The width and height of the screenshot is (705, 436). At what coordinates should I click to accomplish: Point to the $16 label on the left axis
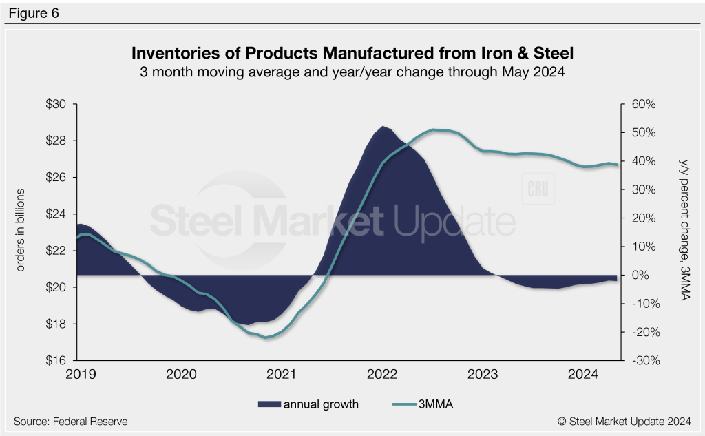56,360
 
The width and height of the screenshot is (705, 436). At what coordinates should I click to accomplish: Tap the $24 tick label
56,214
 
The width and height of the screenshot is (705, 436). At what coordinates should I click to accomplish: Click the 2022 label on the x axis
382,375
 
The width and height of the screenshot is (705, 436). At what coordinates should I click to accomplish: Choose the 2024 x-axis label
584,375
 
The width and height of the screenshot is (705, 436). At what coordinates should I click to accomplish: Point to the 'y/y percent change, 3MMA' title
684,229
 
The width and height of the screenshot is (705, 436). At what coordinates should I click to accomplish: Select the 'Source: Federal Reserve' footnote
70,421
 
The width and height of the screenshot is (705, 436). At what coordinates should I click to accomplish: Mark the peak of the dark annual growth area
383,127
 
